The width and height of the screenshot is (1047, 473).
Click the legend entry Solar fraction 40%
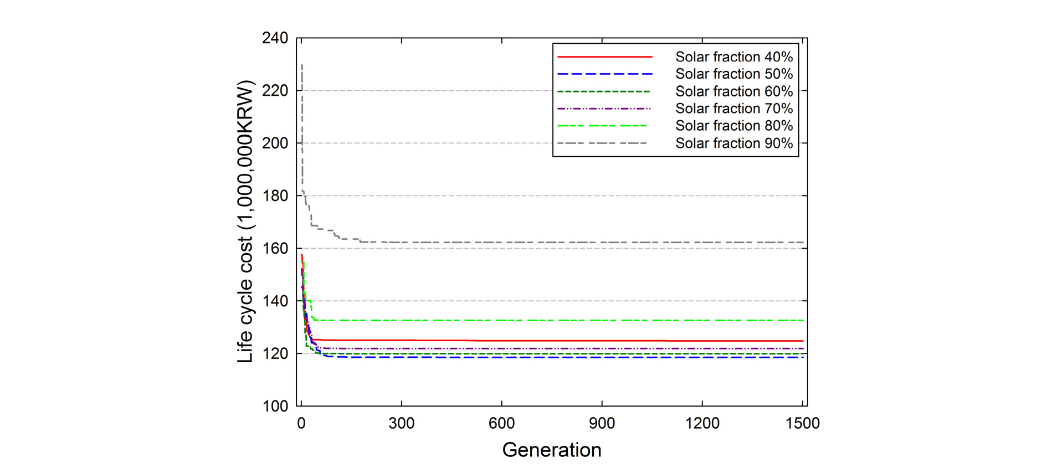click(733, 57)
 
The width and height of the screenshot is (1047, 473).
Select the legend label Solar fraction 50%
click(733, 74)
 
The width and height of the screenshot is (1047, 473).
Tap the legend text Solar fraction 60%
click(733, 91)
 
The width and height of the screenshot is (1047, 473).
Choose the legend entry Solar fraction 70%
click(733, 109)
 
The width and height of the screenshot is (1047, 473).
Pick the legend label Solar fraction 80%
click(733, 126)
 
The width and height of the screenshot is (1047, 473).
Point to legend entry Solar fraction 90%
click(733, 143)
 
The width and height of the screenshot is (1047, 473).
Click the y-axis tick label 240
click(275, 38)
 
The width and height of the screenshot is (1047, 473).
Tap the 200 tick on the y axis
click(275, 143)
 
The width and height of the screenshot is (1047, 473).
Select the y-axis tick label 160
click(275, 248)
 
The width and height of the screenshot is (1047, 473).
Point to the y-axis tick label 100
click(275, 406)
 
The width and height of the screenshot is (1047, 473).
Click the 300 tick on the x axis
click(401, 424)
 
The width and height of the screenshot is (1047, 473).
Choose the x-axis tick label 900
click(602, 424)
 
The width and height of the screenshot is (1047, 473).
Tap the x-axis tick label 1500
click(802, 424)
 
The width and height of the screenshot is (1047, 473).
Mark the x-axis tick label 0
click(301, 424)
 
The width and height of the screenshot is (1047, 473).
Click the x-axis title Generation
click(552, 450)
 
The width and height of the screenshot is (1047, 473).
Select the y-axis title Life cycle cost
click(245, 222)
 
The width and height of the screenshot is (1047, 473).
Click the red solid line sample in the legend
click(604, 57)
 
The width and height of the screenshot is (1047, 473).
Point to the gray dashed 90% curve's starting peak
click(301, 65)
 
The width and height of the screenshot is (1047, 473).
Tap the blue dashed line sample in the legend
click(604, 74)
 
